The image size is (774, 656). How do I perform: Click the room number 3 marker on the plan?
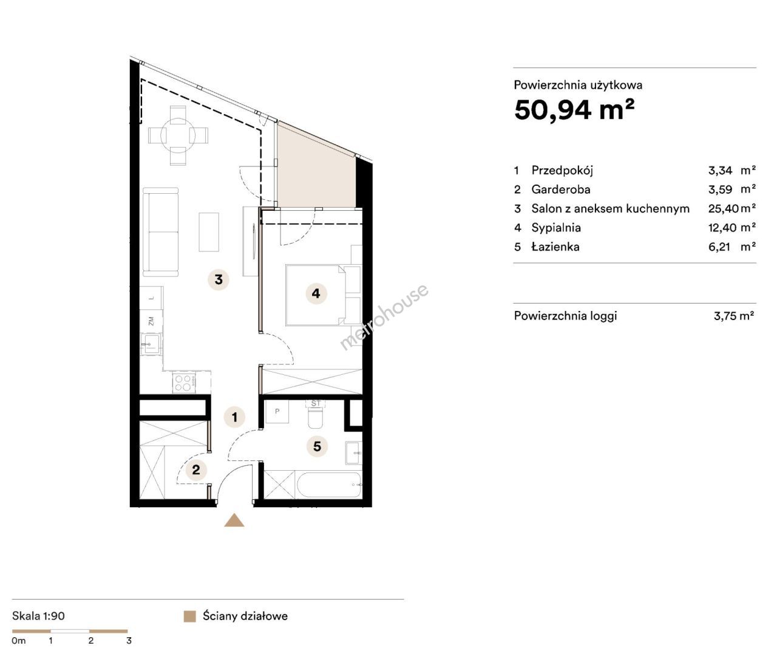coord(219,279)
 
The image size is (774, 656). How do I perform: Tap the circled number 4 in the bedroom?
coord(316,293)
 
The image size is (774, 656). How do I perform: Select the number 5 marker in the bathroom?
coord(317,446)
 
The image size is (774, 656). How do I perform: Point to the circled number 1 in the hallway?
coord(235,417)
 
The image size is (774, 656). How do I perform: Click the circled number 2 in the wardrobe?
coord(196,470)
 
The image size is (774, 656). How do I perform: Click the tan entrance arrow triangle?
coord(234,520)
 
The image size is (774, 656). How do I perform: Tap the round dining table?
coord(178,135)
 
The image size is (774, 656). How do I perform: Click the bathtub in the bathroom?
coord(329,485)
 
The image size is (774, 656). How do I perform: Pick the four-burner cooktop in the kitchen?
coord(184,383)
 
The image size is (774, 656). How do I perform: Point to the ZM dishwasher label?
coord(151,321)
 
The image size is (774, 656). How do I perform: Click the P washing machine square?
coord(277,411)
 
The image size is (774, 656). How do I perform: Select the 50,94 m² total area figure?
coord(574,109)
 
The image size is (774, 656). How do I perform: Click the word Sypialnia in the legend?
coord(556,227)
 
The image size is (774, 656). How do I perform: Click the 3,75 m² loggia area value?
coord(733,316)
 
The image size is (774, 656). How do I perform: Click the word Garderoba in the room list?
coord(560,189)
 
